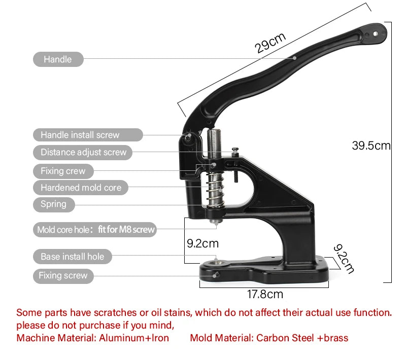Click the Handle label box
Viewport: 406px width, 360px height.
click(58, 59)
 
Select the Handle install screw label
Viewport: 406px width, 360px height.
click(80, 135)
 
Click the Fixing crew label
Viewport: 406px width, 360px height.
click(63, 171)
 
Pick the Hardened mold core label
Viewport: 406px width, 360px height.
click(81, 188)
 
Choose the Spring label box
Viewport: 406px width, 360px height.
click(53, 204)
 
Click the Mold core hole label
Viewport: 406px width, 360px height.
click(95, 230)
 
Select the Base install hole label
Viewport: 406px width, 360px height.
click(72, 257)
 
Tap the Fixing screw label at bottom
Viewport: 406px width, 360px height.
click(63, 275)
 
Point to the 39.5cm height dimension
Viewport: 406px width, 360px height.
click(371, 146)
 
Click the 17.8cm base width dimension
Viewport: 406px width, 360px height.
click(265, 294)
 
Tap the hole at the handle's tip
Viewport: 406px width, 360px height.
click(376, 33)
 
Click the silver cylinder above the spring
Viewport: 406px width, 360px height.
click(213, 145)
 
